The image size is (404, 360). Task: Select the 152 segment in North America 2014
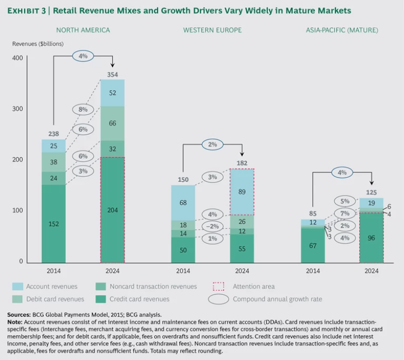tap(54, 223)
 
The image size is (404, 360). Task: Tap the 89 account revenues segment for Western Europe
tap(242, 192)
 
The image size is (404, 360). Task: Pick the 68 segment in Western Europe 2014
tap(183, 203)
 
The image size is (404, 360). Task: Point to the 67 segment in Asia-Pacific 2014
tap(312, 245)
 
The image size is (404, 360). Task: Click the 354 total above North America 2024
tap(112, 75)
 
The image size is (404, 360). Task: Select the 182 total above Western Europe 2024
tap(242, 163)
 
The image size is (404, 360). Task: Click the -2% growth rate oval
tap(213, 226)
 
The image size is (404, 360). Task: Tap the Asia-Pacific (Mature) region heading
tap(342, 30)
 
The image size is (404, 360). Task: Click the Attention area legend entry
tap(254, 286)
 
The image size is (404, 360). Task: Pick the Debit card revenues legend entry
tap(54, 299)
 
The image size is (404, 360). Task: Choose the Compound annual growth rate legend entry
tap(277, 299)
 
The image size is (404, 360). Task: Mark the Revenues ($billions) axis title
tap(38, 44)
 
